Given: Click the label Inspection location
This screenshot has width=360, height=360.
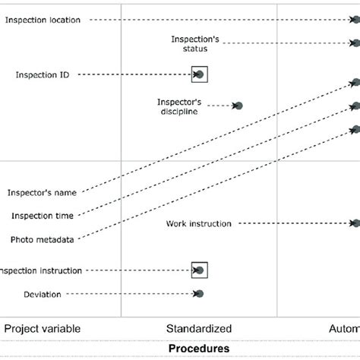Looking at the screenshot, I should click(43, 20).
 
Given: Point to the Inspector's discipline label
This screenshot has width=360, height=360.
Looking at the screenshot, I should click(178, 106).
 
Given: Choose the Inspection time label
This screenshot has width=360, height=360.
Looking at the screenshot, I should click(43, 216).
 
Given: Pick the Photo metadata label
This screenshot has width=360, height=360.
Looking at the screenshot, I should click(43, 239).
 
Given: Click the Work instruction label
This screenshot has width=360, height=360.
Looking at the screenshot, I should click(198, 223).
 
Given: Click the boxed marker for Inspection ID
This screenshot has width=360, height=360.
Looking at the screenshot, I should click(199, 74).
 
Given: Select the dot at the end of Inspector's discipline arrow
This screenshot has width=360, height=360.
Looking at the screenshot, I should click(238, 106).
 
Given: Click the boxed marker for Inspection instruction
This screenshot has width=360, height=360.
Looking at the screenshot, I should click(199, 270).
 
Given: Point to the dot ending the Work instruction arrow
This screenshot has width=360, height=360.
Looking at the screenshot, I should click(355, 223).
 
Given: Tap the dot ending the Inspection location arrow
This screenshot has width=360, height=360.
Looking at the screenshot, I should click(355, 21).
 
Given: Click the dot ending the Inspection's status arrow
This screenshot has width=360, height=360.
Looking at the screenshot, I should click(355, 43).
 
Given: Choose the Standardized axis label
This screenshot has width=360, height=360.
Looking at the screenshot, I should click(199, 329).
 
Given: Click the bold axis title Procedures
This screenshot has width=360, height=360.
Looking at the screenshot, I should click(199, 349).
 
